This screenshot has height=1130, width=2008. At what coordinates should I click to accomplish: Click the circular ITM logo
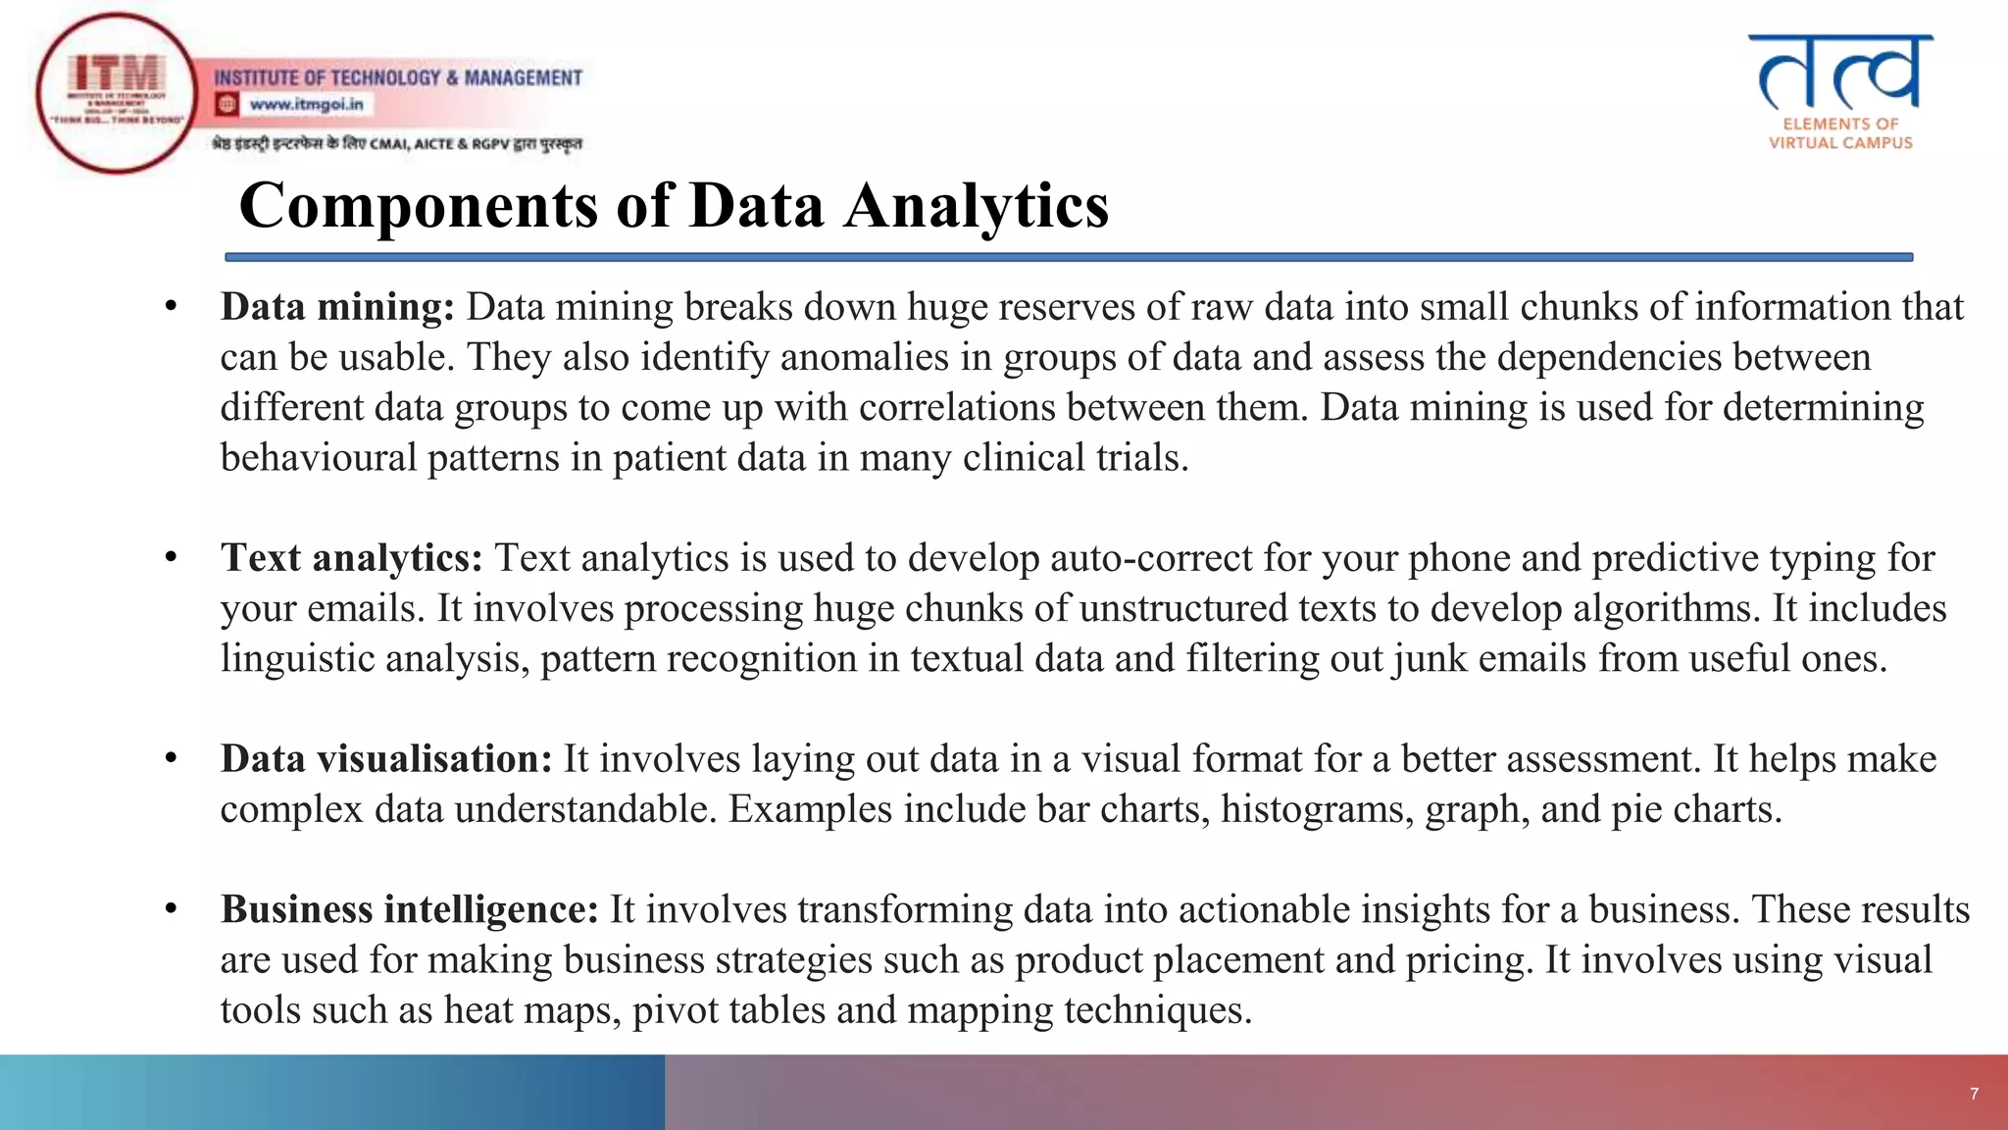[x=117, y=93]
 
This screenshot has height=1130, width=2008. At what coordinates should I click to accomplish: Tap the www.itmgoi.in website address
[x=306, y=104]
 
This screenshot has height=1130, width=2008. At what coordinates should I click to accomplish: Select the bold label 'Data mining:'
[x=337, y=307]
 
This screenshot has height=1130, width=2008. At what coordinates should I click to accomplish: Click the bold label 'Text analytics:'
[x=351, y=558]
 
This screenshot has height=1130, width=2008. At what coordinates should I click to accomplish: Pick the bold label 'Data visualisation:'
[x=386, y=759]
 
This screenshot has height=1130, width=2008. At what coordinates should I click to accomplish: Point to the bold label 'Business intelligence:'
[x=409, y=910]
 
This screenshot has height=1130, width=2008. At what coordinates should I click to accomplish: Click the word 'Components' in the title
[x=418, y=206]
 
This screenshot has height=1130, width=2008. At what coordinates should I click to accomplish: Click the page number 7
[x=1974, y=1094]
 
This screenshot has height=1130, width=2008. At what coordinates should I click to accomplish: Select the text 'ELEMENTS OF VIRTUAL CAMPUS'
[x=1840, y=133]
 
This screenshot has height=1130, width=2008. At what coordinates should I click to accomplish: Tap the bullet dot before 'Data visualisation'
[x=171, y=758]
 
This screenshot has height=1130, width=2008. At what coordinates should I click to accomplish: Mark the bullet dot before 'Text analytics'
[x=171, y=557]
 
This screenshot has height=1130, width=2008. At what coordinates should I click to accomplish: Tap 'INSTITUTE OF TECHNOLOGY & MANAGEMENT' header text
[x=398, y=77]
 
